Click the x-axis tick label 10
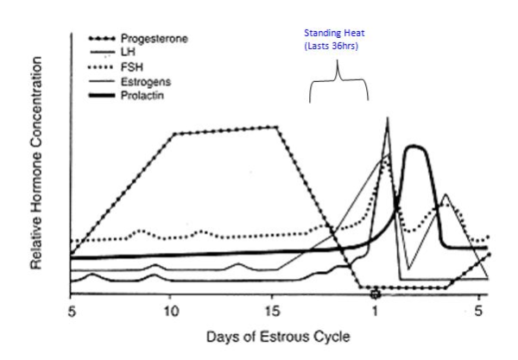click(x=170, y=309)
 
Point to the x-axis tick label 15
click(x=272, y=309)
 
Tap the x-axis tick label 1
click(x=376, y=309)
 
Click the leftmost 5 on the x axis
click(x=71, y=309)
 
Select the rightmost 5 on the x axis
click(x=477, y=309)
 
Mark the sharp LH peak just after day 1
click(x=388, y=118)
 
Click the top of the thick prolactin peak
click(x=416, y=147)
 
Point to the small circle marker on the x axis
click(x=376, y=294)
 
